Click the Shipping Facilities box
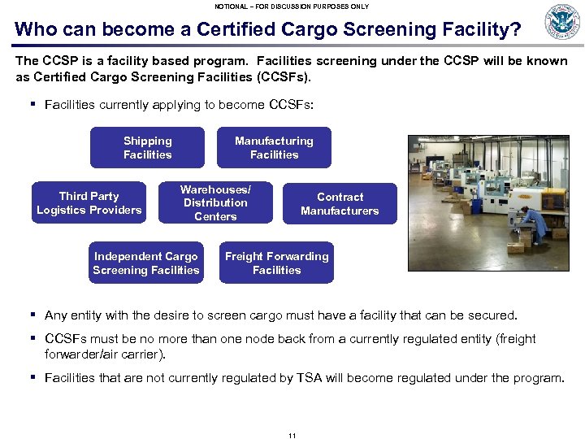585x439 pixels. [147, 148]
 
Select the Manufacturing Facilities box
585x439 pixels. [274, 148]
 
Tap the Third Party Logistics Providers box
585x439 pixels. [89, 203]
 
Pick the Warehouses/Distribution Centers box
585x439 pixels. [215, 203]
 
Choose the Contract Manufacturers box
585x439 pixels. [340, 204]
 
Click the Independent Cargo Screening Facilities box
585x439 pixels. [145, 263]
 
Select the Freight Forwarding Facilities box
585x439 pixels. [276, 263]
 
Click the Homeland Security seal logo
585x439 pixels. [562, 22]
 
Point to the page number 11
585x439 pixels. [292, 436]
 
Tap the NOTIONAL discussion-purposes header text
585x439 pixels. [292, 6]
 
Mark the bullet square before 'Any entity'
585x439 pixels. [32, 315]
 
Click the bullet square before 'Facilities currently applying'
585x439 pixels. [32, 104]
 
